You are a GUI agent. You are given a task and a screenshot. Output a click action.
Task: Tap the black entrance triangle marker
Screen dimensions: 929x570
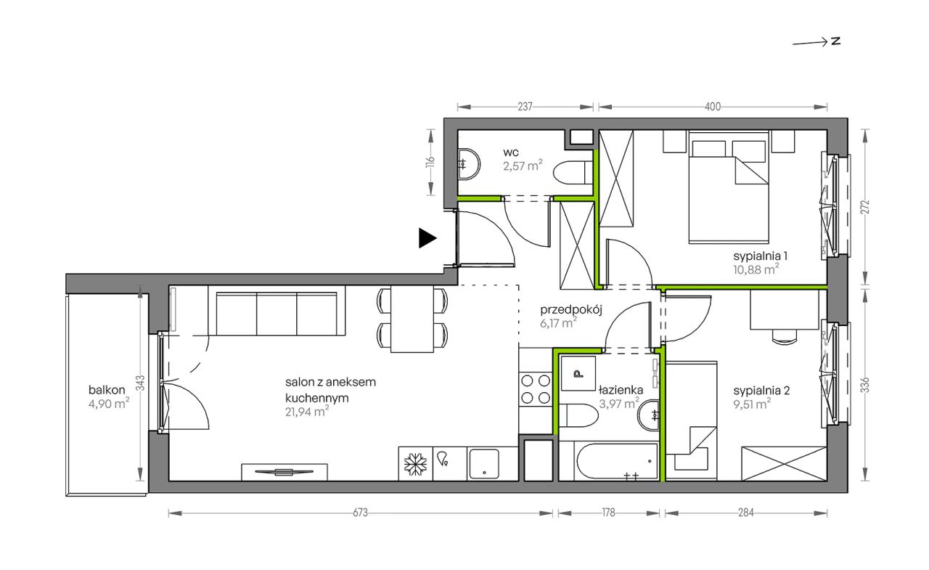(427, 238)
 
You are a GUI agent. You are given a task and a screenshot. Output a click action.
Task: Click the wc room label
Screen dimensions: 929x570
(510, 152)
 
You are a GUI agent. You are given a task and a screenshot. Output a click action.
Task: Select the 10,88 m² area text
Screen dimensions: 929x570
(756, 269)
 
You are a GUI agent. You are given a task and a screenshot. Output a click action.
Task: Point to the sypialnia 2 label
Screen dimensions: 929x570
(761, 391)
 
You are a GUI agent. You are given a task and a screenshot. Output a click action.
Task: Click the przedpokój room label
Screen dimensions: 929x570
(570, 310)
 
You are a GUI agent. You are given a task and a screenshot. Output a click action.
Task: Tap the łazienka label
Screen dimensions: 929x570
(621, 390)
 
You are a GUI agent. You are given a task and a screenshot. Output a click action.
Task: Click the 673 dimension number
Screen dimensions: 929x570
(360, 513)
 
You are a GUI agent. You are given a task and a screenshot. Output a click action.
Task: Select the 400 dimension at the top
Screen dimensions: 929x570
(713, 107)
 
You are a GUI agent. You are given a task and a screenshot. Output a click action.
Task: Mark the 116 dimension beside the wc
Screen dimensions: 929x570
(430, 162)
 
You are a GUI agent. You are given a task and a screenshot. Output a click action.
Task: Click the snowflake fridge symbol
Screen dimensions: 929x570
(416, 464)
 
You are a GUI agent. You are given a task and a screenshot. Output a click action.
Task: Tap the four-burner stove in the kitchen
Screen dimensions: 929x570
(536, 389)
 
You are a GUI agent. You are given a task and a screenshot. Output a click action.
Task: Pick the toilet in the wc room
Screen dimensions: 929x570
(573, 173)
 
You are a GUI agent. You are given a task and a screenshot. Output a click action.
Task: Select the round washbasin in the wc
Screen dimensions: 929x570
(469, 164)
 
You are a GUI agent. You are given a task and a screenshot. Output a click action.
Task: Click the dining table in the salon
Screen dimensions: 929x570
(412, 319)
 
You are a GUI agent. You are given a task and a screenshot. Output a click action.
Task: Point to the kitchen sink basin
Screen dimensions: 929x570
(483, 464)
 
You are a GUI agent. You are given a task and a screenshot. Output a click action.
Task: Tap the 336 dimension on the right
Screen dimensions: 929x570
(864, 385)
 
